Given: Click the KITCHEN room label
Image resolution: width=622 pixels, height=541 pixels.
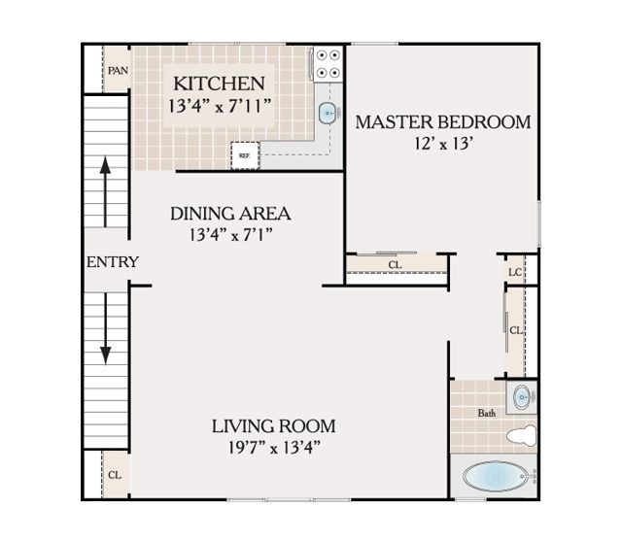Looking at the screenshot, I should point(218,84).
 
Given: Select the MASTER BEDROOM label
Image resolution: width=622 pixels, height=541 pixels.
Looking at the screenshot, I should point(442,122).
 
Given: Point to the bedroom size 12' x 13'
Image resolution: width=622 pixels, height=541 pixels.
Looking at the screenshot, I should point(443,144).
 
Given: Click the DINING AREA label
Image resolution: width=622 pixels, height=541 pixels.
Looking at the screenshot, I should point(230,214).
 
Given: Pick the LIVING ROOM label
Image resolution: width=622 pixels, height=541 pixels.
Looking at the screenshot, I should point(274,425).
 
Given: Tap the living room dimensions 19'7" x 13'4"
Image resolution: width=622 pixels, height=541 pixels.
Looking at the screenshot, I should point(274,447).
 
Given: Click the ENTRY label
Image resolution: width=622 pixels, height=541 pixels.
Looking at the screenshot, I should point(112,262).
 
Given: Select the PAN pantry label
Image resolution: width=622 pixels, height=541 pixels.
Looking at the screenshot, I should point(118,71).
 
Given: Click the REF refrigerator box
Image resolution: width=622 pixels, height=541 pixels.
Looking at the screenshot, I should point(244,153).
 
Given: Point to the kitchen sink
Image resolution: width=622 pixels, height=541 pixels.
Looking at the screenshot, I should point(328,114).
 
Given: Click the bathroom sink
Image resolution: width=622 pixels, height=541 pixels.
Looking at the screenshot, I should point(523,397).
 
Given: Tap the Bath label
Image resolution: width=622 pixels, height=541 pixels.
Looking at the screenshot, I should point(486,413).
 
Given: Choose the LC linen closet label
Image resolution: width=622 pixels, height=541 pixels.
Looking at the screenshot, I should point(514,271).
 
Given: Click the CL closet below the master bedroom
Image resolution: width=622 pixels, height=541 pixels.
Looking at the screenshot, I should point(395,264).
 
